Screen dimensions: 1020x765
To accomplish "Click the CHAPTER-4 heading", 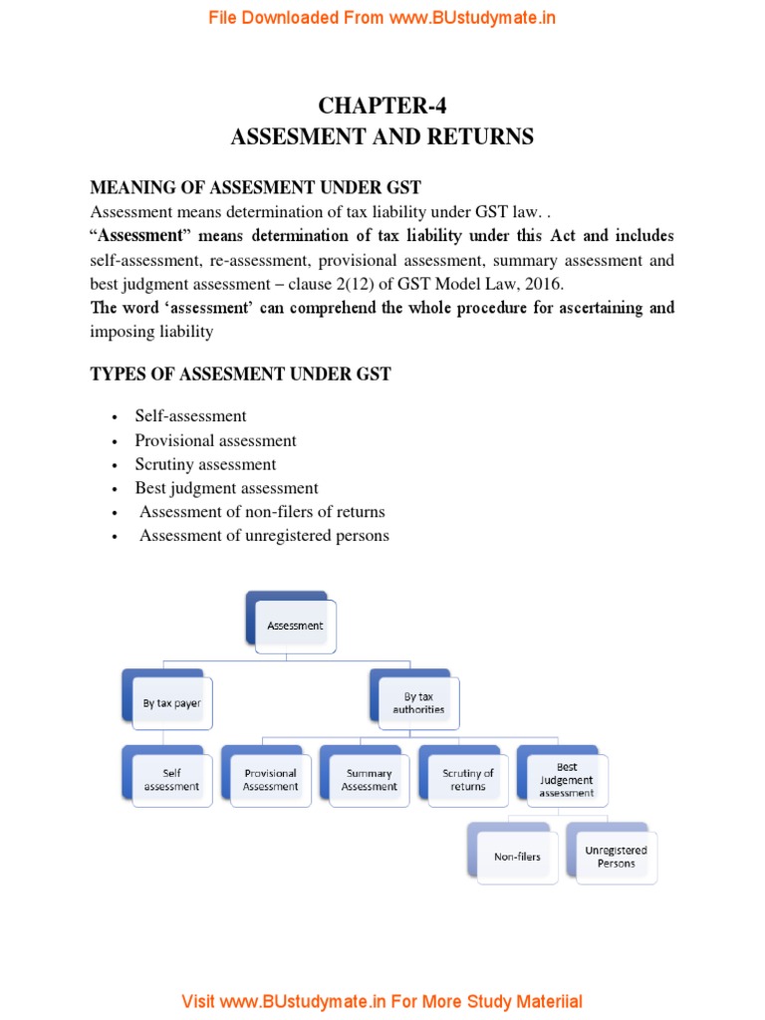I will [382, 107].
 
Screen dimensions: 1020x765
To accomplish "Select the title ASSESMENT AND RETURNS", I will [382, 137].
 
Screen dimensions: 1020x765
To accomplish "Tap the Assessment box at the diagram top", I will [295, 626].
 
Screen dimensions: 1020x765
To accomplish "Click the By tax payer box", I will [171, 703].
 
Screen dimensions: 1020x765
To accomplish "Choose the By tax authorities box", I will [418, 703].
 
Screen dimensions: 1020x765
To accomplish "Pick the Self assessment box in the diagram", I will [171, 779].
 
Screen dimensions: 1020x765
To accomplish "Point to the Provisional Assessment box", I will [270, 779].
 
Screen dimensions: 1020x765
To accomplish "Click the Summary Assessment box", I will [369, 779].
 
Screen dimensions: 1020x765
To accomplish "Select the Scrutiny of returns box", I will [467, 779].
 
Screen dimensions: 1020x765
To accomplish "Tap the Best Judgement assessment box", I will [566, 779].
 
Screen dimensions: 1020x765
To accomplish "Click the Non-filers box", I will [517, 856].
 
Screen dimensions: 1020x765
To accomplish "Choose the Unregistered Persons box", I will [616, 856].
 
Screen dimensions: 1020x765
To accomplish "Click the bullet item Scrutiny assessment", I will [206, 464].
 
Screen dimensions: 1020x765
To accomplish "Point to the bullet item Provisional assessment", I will [216, 440].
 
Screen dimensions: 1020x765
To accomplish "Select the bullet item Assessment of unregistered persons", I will [264, 536].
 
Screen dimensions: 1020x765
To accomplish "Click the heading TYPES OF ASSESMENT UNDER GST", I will [241, 375].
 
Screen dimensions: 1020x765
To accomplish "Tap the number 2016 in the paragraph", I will [544, 283].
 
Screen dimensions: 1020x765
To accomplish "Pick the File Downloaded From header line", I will [382, 18].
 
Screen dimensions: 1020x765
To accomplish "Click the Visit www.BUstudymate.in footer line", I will [382, 1001].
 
